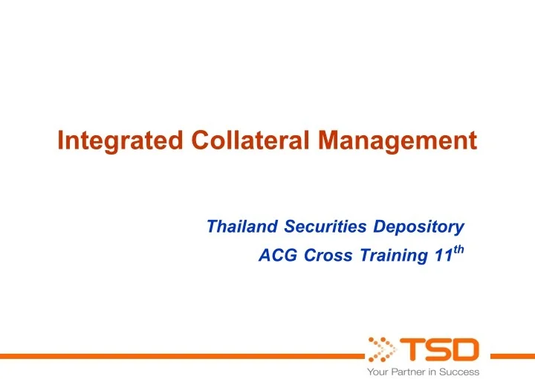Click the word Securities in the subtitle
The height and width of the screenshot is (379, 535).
click(320, 226)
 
